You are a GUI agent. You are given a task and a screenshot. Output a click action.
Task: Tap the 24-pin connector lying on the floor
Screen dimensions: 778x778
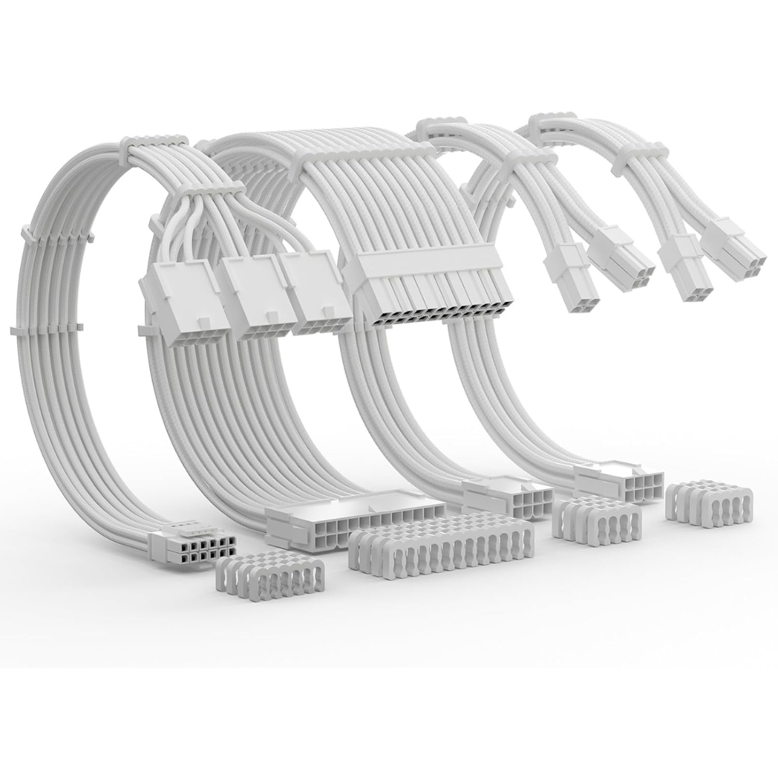pyautogui.click(x=346, y=517)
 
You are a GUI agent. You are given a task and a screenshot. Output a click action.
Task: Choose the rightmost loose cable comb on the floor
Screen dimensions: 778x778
pyautogui.click(x=709, y=502)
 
